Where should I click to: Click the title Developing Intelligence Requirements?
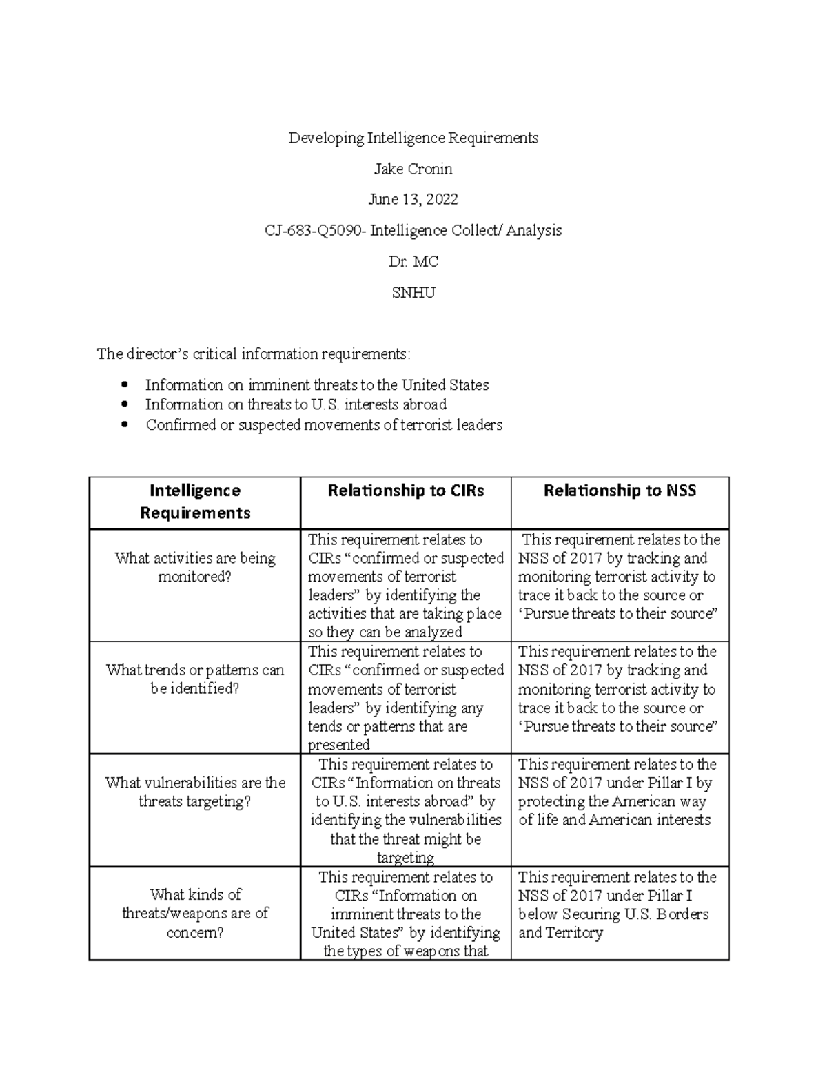coord(413,138)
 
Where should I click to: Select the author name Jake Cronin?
coord(413,169)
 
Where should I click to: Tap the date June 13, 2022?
coord(413,200)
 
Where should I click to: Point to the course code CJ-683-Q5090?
coord(314,231)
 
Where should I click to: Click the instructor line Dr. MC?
coord(413,262)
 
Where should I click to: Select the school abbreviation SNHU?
coord(413,293)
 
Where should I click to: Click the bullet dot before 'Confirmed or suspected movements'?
coord(124,425)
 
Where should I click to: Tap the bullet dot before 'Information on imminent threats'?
coord(124,384)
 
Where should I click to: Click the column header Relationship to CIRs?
coord(405,491)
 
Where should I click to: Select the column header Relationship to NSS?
coord(620,491)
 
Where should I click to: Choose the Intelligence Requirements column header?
coord(195,502)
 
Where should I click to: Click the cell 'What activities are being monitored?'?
coord(195,567)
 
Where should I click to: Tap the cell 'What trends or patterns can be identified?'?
coord(195,679)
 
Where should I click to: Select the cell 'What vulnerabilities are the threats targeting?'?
coord(195,792)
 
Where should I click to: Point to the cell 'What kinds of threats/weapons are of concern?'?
coord(195,913)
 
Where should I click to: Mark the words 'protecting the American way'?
coord(612,802)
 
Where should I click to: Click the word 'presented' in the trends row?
coord(338,745)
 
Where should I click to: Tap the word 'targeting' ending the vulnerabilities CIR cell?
coord(405,858)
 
